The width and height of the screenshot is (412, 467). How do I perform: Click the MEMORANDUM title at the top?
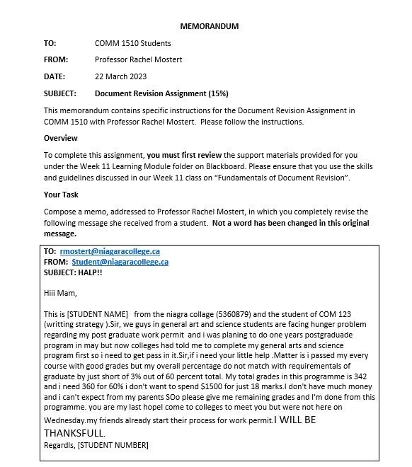click(209, 26)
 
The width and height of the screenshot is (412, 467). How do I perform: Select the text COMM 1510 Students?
click(132, 43)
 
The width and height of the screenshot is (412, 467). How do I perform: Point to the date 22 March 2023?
click(120, 76)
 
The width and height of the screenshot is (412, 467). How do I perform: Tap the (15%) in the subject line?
click(218, 93)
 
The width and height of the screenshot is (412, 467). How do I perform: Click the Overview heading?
click(61, 138)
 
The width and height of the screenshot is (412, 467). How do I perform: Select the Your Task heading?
click(61, 195)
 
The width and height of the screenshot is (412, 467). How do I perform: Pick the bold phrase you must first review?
click(184, 155)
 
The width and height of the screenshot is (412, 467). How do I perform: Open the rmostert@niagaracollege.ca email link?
click(110, 251)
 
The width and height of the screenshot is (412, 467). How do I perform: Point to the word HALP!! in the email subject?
click(90, 272)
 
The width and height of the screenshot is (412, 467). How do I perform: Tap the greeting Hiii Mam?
click(60, 293)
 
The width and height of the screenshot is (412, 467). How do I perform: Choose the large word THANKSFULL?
click(74, 432)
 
